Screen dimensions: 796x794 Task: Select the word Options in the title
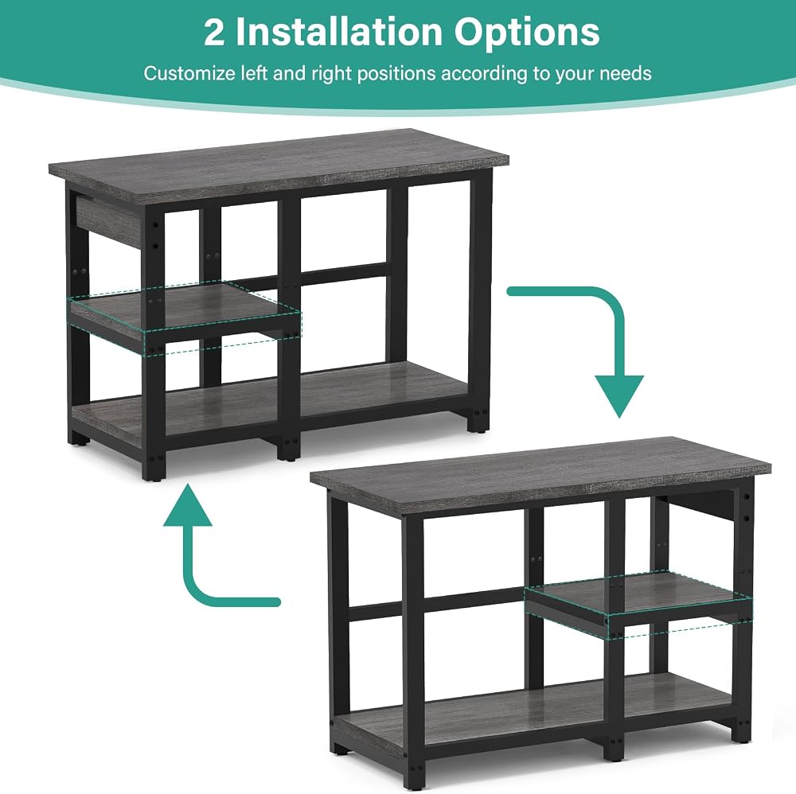527,34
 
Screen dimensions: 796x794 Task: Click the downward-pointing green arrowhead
618,396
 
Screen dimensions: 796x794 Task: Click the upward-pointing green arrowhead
187,504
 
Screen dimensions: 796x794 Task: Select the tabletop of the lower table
540,472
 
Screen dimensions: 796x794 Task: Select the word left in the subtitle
254,73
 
